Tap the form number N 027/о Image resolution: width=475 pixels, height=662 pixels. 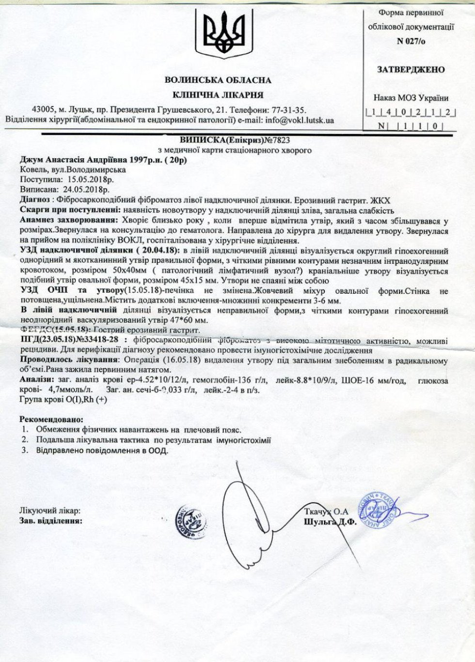pyautogui.click(x=411, y=41)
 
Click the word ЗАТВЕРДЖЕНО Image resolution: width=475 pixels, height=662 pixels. pyautogui.click(x=411, y=70)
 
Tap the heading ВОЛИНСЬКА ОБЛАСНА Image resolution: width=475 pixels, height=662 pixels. pyautogui.click(x=218, y=80)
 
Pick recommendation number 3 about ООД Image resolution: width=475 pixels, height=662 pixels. pyautogui.click(x=102, y=451)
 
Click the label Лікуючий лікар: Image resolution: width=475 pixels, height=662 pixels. pyautogui.click(x=50, y=511)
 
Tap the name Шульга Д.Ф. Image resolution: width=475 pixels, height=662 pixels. pyautogui.click(x=330, y=522)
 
